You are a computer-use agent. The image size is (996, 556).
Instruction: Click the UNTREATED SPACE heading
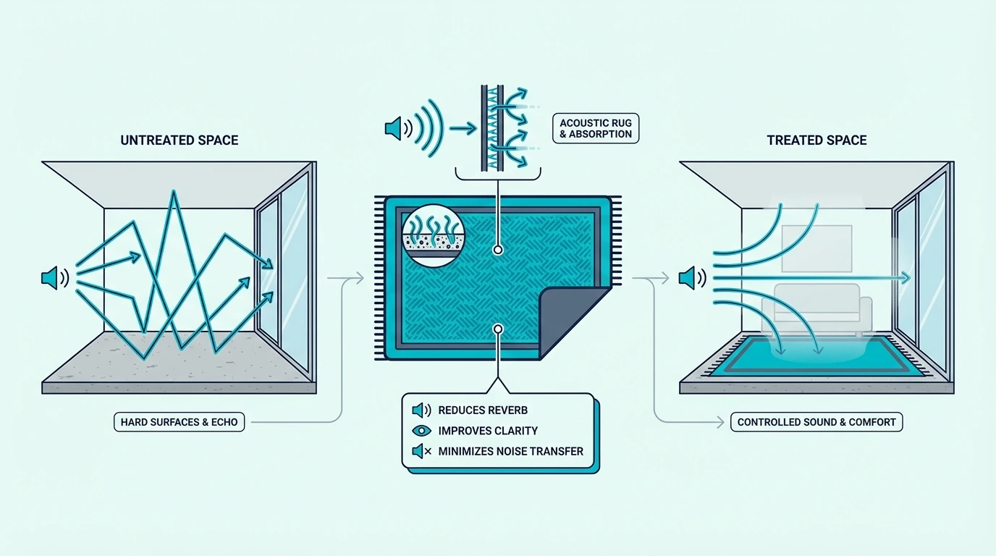[x=180, y=140]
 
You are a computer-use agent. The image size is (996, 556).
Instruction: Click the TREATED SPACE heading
[x=816, y=140]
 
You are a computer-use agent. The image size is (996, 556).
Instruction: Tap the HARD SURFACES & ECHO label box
[x=180, y=421]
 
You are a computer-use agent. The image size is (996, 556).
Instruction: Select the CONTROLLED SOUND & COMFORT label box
[x=816, y=421]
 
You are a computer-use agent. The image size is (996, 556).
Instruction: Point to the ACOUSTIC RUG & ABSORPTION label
[x=596, y=129]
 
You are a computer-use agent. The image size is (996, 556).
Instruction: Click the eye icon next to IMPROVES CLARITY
[x=421, y=431]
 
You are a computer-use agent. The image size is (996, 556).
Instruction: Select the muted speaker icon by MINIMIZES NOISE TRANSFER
[x=421, y=451]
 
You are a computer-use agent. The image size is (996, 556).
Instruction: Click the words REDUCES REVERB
[x=483, y=410]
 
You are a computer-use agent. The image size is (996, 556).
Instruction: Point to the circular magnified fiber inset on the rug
[x=433, y=236]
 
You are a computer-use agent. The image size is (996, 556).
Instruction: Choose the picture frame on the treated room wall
[x=816, y=248]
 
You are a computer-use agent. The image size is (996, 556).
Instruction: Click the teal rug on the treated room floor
[x=816, y=357]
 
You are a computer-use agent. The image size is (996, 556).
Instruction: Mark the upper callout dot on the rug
[x=498, y=250]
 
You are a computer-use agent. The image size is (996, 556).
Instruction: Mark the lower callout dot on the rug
[x=498, y=329]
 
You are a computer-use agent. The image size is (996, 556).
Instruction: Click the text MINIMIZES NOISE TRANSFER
[x=510, y=452]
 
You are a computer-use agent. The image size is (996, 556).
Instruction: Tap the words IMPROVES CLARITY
[x=488, y=431]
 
